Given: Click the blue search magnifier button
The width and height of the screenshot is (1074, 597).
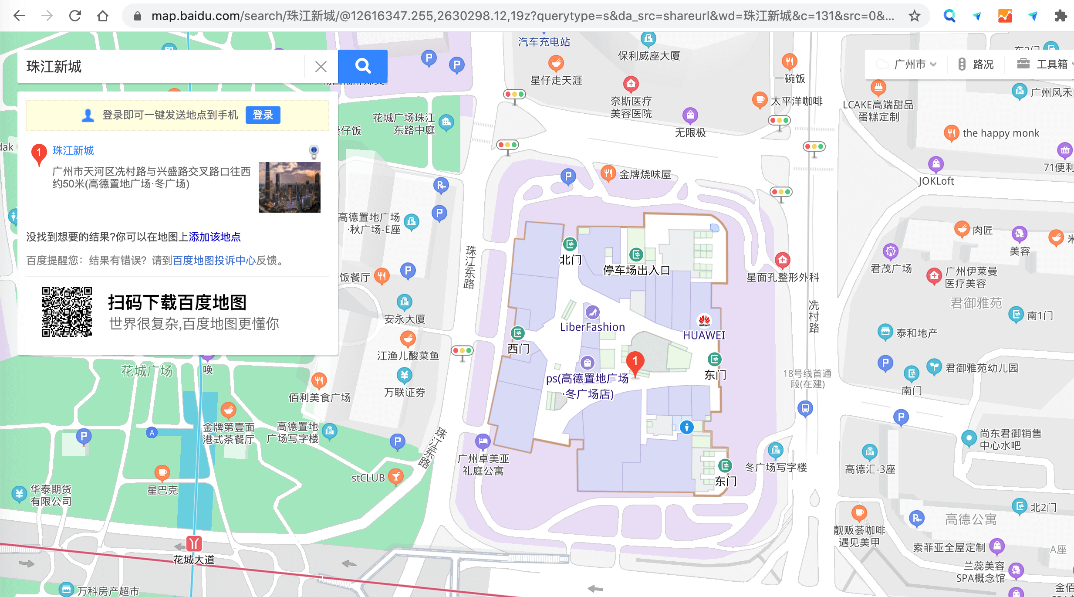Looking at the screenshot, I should (362, 66).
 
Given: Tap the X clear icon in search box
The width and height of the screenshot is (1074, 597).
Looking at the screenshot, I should (321, 67).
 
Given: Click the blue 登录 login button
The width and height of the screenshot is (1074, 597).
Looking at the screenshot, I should (263, 115).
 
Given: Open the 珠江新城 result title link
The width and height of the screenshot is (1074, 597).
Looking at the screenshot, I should (73, 151).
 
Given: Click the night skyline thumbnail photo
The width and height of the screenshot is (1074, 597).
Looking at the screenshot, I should (289, 187).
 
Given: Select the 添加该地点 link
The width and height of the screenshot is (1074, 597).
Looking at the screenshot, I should (215, 237).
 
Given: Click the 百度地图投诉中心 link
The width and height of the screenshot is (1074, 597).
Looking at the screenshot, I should (214, 261).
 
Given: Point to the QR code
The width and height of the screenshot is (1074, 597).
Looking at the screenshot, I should (67, 312).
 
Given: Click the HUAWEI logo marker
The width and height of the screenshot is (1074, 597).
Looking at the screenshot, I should (704, 321).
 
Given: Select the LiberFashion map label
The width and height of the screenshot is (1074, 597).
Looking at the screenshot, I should (592, 327).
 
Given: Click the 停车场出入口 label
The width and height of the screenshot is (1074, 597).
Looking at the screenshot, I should (636, 270).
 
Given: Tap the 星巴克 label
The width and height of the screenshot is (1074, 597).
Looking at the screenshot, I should (162, 490).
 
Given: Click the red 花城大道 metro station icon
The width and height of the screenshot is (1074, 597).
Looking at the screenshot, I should (194, 543).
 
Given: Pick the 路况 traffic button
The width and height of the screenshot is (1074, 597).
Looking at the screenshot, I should (976, 64).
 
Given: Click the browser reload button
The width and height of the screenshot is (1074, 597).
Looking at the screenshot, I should (75, 16).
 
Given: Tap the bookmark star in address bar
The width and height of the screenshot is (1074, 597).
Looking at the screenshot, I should (914, 16).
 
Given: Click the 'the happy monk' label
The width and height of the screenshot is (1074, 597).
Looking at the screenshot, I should (1001, 133).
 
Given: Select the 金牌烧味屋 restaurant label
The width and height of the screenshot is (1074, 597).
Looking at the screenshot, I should (645, 175).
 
